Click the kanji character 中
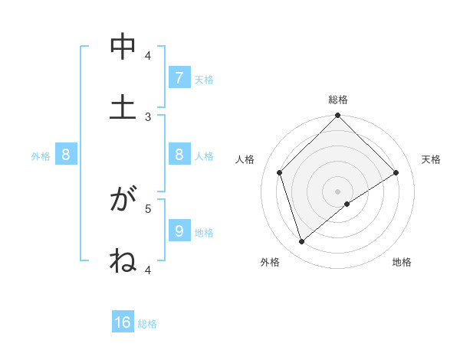pos(123,48)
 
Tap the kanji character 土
pos(123,106)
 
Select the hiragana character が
pos(123,201)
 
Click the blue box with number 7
pos(179,78)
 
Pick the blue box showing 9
pos(179,231)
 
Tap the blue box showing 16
pos(123,322)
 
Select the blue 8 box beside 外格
pos(65,155)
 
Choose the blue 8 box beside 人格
pos(179,155)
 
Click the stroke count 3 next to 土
pos(148,116)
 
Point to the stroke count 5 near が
pos(148,208)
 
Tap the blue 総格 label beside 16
pos(147,324)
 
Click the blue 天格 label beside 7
pos(204,79)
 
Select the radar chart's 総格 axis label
pos(338,100)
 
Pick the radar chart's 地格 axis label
pos(402,262)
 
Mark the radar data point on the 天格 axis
pos(396,172)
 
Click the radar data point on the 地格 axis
pos(347,204)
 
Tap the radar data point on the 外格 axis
pos(302,242)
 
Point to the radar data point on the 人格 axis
pos(280,172)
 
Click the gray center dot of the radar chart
pos(338,191)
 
